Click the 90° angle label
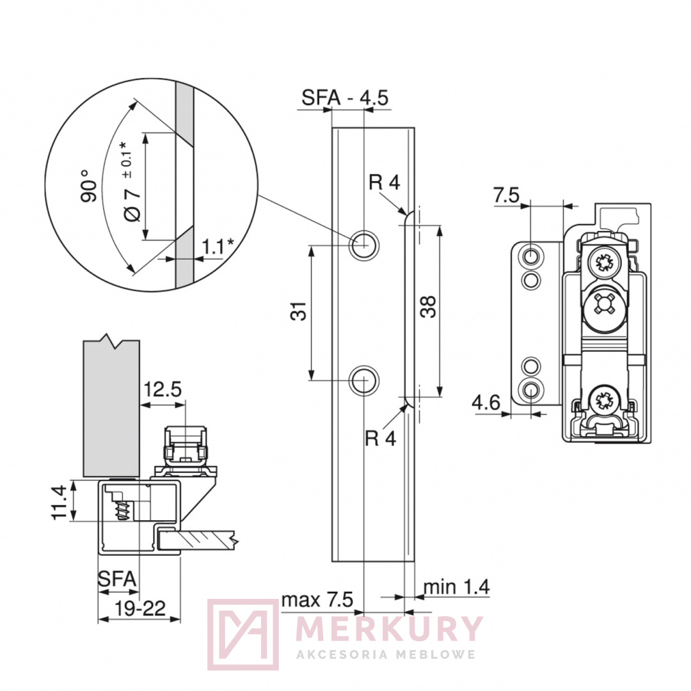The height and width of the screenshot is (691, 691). [90, 186]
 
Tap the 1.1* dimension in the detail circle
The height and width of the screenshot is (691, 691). [218, 247]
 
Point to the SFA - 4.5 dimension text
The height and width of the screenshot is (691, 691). [345, 97]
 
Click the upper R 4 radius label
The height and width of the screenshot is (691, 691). [385, 182]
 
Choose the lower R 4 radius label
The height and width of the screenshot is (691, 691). [381, 438]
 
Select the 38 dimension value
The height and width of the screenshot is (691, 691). [428, 306]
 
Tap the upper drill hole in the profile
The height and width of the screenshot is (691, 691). [364, 243]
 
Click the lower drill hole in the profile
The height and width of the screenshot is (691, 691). [364, 380]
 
